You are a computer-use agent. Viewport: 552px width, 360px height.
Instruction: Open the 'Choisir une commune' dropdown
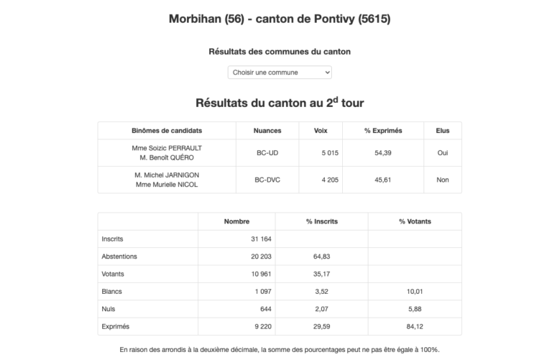(280, 73)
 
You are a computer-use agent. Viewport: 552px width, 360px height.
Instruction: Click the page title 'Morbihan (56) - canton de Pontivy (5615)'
(279, 19)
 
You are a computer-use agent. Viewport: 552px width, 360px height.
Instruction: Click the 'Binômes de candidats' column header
(167, 131)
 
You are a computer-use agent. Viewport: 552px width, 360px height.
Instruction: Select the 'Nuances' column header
(267, 131)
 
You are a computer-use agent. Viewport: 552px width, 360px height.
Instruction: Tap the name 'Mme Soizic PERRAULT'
(167, 147)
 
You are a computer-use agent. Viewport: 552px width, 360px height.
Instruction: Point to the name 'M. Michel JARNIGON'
(167, 175)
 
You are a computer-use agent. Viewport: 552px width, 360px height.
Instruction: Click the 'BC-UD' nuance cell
(267, 153)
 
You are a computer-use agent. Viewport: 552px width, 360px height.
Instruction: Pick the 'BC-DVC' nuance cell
(267, 180)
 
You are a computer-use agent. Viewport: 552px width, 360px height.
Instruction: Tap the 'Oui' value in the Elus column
(442, 153)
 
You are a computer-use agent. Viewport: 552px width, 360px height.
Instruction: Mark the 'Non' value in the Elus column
(442, 180)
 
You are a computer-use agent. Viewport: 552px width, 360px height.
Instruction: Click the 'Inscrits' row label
(112, 239)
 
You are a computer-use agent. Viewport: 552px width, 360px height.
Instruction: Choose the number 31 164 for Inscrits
(249, 239)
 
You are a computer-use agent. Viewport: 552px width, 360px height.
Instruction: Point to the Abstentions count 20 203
(249, 256)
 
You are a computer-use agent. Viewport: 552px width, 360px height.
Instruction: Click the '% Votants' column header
(414, 221)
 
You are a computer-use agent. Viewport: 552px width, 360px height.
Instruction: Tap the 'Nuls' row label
(109, 308)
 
